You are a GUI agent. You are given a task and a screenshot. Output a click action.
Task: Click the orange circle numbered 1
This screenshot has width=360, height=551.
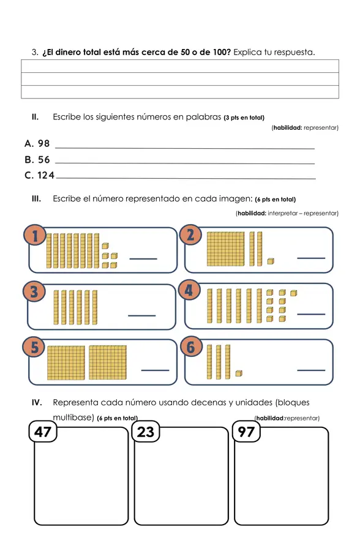click(x=35, y=236)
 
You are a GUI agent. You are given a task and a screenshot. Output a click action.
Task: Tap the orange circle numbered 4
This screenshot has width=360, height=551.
click(x=189, y=291)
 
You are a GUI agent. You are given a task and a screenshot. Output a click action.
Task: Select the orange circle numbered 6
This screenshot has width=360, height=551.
click(x=190, y=347)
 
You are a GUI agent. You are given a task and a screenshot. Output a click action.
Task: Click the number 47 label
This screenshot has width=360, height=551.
click(x=43, y=432)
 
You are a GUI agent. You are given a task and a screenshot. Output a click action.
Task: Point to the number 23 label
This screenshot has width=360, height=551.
click(x=146, y=432)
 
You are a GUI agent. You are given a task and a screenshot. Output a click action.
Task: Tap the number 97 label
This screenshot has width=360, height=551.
click(x=246, y=432)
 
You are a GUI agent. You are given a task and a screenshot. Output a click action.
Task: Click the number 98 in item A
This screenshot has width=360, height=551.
click(x=44, y=143)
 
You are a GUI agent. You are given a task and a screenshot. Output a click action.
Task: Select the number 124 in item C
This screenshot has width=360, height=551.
click(x=46, y=175)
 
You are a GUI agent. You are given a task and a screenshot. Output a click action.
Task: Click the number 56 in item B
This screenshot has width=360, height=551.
click(x=44, y=160)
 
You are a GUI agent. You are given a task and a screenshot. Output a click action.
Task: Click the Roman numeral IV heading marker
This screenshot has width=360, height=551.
click(x=37, y=402)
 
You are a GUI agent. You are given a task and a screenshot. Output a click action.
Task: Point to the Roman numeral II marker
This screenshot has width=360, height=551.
click(x=35, y=117)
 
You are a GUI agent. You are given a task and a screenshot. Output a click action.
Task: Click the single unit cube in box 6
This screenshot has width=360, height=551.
click(x=239, y=373)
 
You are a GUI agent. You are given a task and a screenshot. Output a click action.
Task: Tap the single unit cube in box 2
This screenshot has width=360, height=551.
click(x=271, y=261)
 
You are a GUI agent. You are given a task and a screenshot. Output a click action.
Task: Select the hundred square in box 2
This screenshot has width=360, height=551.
click(x=226, y=249)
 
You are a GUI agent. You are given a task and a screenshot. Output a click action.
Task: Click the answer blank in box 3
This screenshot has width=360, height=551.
click(x=141, y=315)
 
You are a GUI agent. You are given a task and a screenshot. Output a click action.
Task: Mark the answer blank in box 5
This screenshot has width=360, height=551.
click(x=155, y=370)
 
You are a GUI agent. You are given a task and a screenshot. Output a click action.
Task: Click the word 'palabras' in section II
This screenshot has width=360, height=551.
click(x=203, y=117)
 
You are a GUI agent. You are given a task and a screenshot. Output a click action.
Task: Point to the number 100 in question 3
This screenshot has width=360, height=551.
click(x=222, y=53)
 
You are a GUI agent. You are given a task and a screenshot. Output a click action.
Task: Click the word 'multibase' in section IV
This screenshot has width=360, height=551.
click(x=72, y=418)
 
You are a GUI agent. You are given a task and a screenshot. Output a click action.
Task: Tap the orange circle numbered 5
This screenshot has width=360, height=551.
click(x=34, y=347)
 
